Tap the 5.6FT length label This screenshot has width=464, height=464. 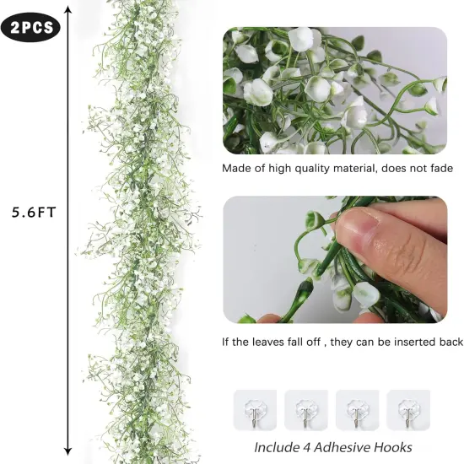[34, 213]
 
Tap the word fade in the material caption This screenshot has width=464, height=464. [440, 168]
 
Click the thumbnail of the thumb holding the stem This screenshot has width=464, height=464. [335, 260]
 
